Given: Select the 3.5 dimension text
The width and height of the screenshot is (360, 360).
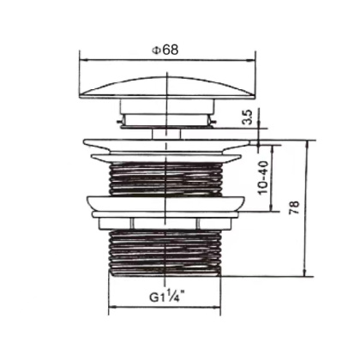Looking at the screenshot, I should coord(247,117).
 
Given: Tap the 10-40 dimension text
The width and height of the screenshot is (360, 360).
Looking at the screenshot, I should coord(262,171).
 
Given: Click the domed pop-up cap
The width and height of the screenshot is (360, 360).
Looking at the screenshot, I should coord(167,87).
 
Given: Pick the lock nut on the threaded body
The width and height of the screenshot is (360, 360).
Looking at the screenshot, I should coord(167,206).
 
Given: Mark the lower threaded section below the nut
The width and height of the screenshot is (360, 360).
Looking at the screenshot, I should coord(167,249).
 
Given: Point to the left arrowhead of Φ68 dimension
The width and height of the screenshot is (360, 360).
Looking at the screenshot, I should coord(82,59).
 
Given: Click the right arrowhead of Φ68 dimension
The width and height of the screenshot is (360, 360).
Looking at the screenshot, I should coord(254,59).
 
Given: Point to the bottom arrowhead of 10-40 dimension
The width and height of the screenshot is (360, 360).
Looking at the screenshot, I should coord(274,207).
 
